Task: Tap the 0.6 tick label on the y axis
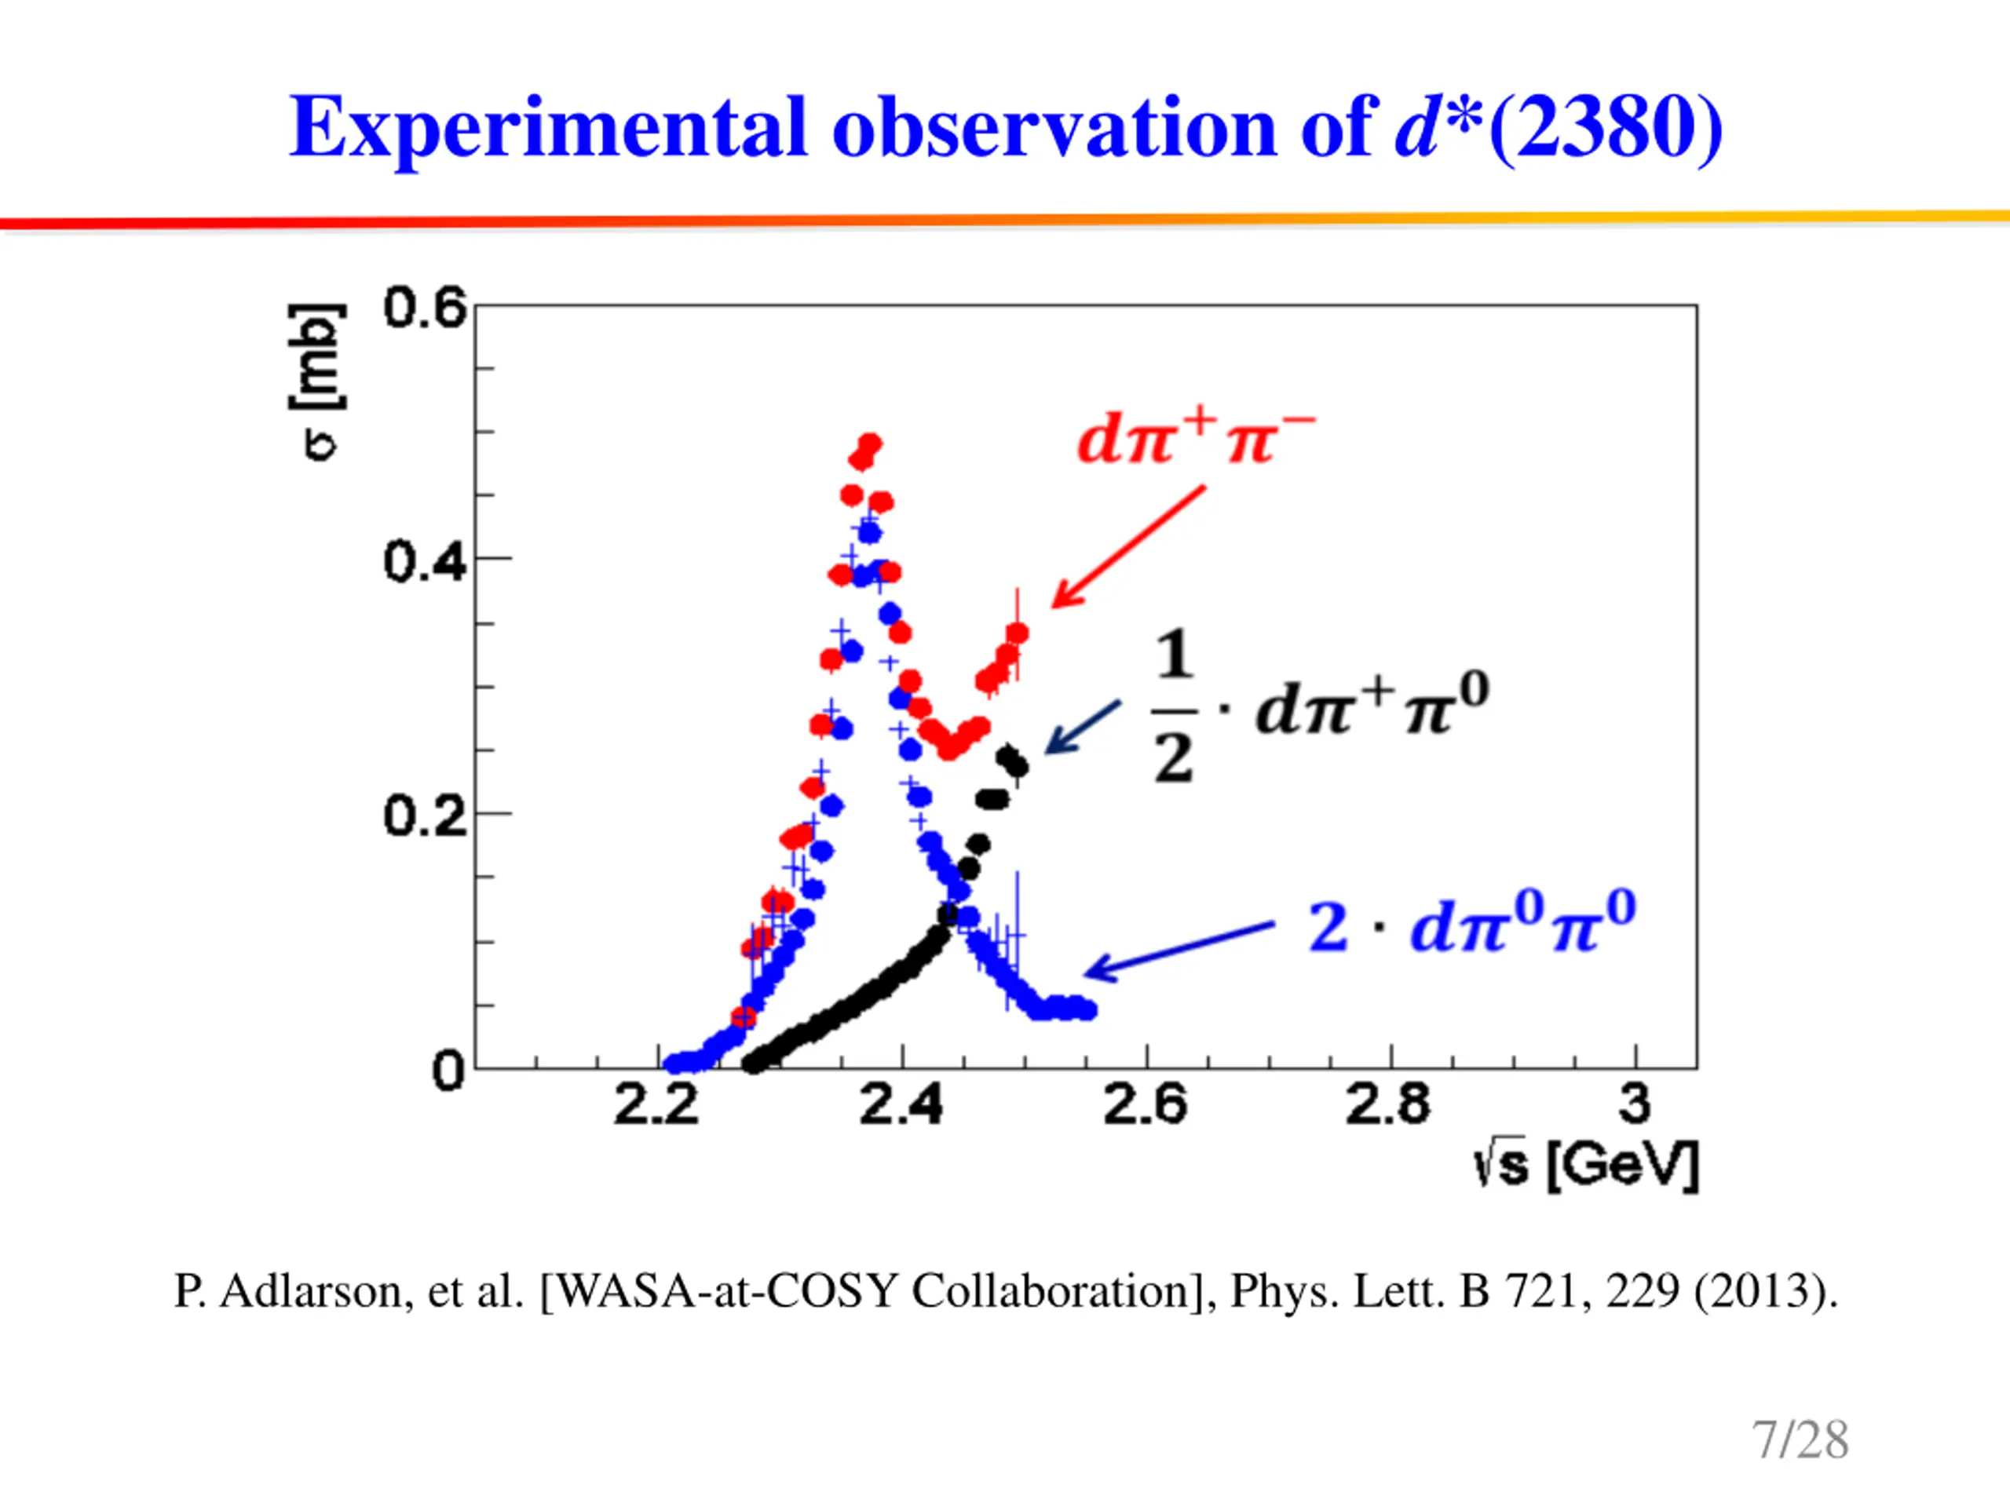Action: (424, 308)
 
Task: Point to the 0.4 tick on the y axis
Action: (424, 561)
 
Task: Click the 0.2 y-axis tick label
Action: (424, 816)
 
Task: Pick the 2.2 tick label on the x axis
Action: (656, 1105)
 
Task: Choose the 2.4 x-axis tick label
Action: (901, 1105)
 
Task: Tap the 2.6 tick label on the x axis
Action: (1145, 1105)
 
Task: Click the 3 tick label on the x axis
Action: (1635, 1104)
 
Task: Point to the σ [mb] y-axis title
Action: (317, 381)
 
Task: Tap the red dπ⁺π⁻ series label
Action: (1196, 439)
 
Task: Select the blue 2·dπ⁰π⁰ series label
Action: (1472, 924)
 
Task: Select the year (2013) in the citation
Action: (1765, 1292)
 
